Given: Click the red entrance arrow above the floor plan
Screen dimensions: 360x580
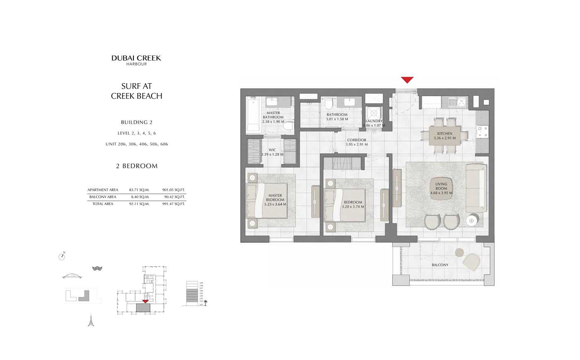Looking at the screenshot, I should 407,80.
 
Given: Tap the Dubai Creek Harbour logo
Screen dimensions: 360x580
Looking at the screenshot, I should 136,60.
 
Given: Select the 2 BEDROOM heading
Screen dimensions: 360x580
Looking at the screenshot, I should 137,166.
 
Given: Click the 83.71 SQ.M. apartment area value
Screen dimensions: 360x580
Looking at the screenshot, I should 139,190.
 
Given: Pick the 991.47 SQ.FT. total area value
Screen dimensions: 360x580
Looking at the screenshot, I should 174,204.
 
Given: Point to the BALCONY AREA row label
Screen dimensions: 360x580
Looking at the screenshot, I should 103,197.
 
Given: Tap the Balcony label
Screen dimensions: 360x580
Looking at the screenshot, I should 440,265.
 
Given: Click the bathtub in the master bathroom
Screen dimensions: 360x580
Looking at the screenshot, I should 253,116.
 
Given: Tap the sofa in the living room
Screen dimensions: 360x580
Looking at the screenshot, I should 476,188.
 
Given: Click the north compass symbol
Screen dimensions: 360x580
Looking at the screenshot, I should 62,256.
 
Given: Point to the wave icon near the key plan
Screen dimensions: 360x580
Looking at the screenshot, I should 97,268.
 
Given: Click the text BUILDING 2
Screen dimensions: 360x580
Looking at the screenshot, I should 137,122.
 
